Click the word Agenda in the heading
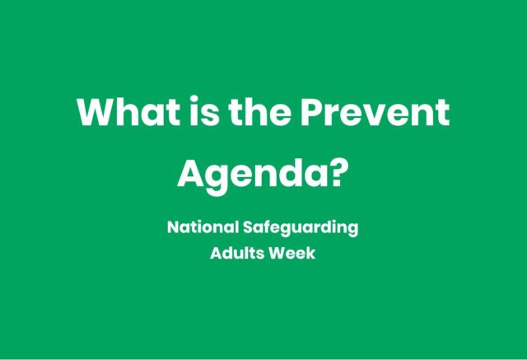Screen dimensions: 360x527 [x=250, y=175]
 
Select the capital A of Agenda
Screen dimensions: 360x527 [x=192, y=173]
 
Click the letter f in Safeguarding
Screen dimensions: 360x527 [x=267, y=227]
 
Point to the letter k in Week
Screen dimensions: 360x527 [x=310, y=253]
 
